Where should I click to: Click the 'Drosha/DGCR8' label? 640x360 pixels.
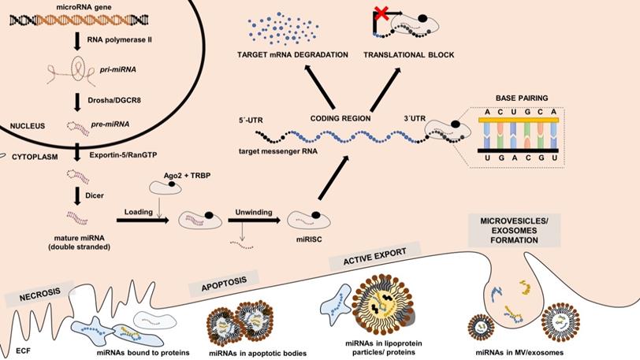point(115,101)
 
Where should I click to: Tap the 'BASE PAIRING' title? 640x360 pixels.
point(521,98)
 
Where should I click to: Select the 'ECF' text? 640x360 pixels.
point(22,348)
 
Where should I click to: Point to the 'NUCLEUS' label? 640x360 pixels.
point(26,125)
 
